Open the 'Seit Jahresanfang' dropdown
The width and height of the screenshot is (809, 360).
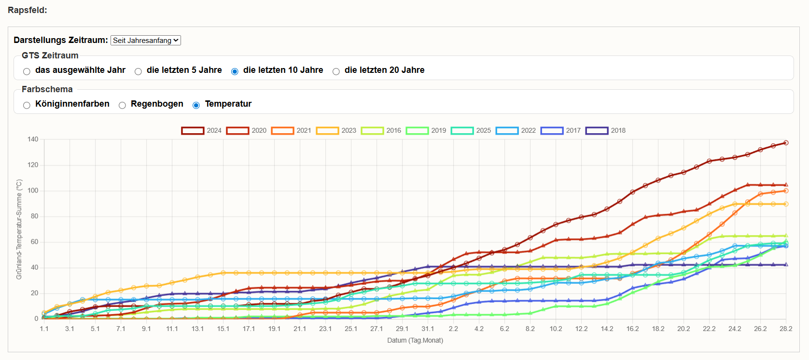(145, 41)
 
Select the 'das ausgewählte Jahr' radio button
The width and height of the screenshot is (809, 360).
(27, 71)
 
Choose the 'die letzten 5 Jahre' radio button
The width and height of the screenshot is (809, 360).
(138, 71)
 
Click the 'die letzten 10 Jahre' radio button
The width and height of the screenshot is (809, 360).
(235, 71)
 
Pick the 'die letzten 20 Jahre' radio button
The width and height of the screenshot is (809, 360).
(336, 71)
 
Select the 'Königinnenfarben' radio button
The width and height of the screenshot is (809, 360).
(27, 105)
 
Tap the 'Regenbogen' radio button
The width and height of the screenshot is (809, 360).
(122, 105)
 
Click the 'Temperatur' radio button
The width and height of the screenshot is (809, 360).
(196, 105)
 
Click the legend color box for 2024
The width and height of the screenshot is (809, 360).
(193, 131)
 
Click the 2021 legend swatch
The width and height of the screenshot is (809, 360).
(282, 131)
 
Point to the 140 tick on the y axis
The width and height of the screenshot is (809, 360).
(33, 139)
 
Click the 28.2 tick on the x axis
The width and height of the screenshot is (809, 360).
(786, 329)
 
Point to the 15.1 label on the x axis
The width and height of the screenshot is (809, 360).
(223, 329)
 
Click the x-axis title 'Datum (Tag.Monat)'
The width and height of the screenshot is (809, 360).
(415, 340)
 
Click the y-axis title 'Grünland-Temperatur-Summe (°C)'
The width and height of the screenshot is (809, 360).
(19, 229)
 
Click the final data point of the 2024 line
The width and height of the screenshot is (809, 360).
(786, 143)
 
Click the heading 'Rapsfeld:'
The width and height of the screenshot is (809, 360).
(28, 10)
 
